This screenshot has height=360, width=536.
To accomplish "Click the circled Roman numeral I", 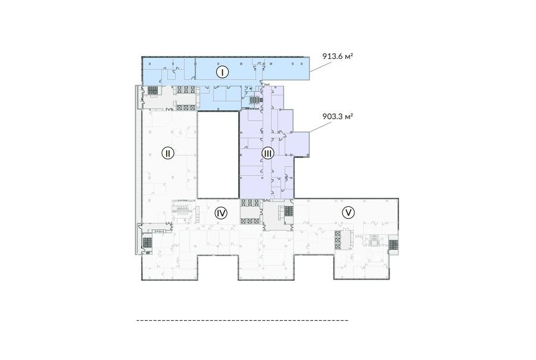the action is [x=223, y=72].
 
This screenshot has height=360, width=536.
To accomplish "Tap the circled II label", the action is [x=167, y=153].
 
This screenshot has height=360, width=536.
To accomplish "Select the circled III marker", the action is [x=267, y=153].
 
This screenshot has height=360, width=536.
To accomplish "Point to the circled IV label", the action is [x=221, y=213].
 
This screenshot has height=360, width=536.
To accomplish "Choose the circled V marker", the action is [x=348, y=213].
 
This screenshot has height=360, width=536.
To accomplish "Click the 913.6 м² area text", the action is [x=338, y=56].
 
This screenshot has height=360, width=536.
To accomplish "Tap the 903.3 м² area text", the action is [x=338, y=116].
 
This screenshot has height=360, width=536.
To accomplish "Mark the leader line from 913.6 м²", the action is [x=320, y=67].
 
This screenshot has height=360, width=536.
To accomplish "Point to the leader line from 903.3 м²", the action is [x=320, y=127].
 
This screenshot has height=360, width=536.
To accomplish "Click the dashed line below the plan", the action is [x=242, y=320].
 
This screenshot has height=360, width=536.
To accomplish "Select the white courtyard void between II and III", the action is [x=218, y=155].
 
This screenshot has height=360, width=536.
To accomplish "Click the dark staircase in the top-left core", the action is [x=153, y=91].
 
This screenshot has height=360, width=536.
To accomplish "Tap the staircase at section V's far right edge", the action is [x=393, y=245].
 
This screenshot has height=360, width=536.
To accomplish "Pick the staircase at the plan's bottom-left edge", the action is [x=147, y=243].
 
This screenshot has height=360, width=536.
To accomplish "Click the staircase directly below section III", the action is [x=288, y=211].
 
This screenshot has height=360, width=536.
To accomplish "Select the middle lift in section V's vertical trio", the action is [x=338, y=240].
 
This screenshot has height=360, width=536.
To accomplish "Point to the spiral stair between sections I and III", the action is [x=255, y=100].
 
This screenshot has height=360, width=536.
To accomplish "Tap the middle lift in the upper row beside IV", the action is [x=250, y=203].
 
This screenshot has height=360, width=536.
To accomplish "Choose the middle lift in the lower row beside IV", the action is [x=250, y=221].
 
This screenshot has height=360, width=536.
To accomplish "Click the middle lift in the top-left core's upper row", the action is [x=186, y=90].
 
